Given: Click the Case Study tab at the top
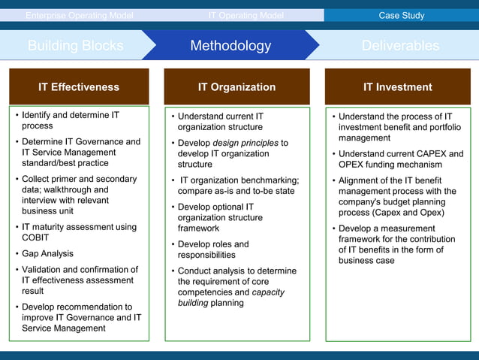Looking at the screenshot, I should (401, 15).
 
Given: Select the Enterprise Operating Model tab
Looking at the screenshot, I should (79, 15).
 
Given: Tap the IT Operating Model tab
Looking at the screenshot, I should (246, 15).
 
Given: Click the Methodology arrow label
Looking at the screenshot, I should (230, 46).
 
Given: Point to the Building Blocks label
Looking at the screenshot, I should (75, 46).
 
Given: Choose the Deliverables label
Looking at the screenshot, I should (400, 46).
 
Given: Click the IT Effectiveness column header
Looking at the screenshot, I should (79, 87).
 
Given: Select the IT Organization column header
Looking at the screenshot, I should (236, 87).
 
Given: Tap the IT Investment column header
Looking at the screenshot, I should (397, 87).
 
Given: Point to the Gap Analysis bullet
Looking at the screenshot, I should (47, 254).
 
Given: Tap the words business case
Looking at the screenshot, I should (366, 261).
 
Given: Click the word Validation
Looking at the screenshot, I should (44, 270).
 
